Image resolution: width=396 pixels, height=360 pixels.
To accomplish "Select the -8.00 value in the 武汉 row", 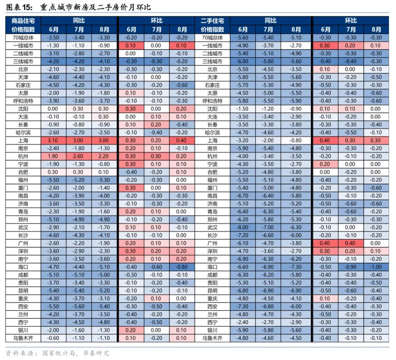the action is [x=242, y=227].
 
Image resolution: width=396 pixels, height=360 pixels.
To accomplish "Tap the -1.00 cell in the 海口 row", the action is [x=376, y=267].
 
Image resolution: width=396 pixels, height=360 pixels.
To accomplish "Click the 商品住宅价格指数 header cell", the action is [x=23, y=25].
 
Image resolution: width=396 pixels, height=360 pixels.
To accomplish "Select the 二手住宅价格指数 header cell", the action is [x=212, y=25].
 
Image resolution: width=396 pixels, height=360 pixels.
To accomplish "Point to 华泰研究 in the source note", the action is [x=96, y=353].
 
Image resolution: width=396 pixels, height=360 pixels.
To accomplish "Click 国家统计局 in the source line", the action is [x=59, y=353].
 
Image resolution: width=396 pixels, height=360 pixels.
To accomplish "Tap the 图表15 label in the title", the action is [x=19, y=7].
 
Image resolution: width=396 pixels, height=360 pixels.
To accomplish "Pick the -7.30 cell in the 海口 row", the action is [x=295, y=267].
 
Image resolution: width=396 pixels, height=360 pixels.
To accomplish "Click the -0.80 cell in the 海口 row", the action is [x=182, y=267].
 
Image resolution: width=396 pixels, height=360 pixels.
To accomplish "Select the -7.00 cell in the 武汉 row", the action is [x=268, y=227].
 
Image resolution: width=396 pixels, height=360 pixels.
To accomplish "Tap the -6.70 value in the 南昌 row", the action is [x=242, y=196].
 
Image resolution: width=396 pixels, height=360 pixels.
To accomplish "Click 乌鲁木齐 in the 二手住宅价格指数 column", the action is [x=212, y=338].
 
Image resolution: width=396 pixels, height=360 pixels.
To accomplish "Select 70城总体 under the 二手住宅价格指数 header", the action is [x=212, y=38].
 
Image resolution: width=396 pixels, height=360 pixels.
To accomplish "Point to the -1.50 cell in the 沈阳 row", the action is [x=242, y=109].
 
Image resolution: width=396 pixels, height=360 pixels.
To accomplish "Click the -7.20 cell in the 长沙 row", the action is [x=242, y=235].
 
